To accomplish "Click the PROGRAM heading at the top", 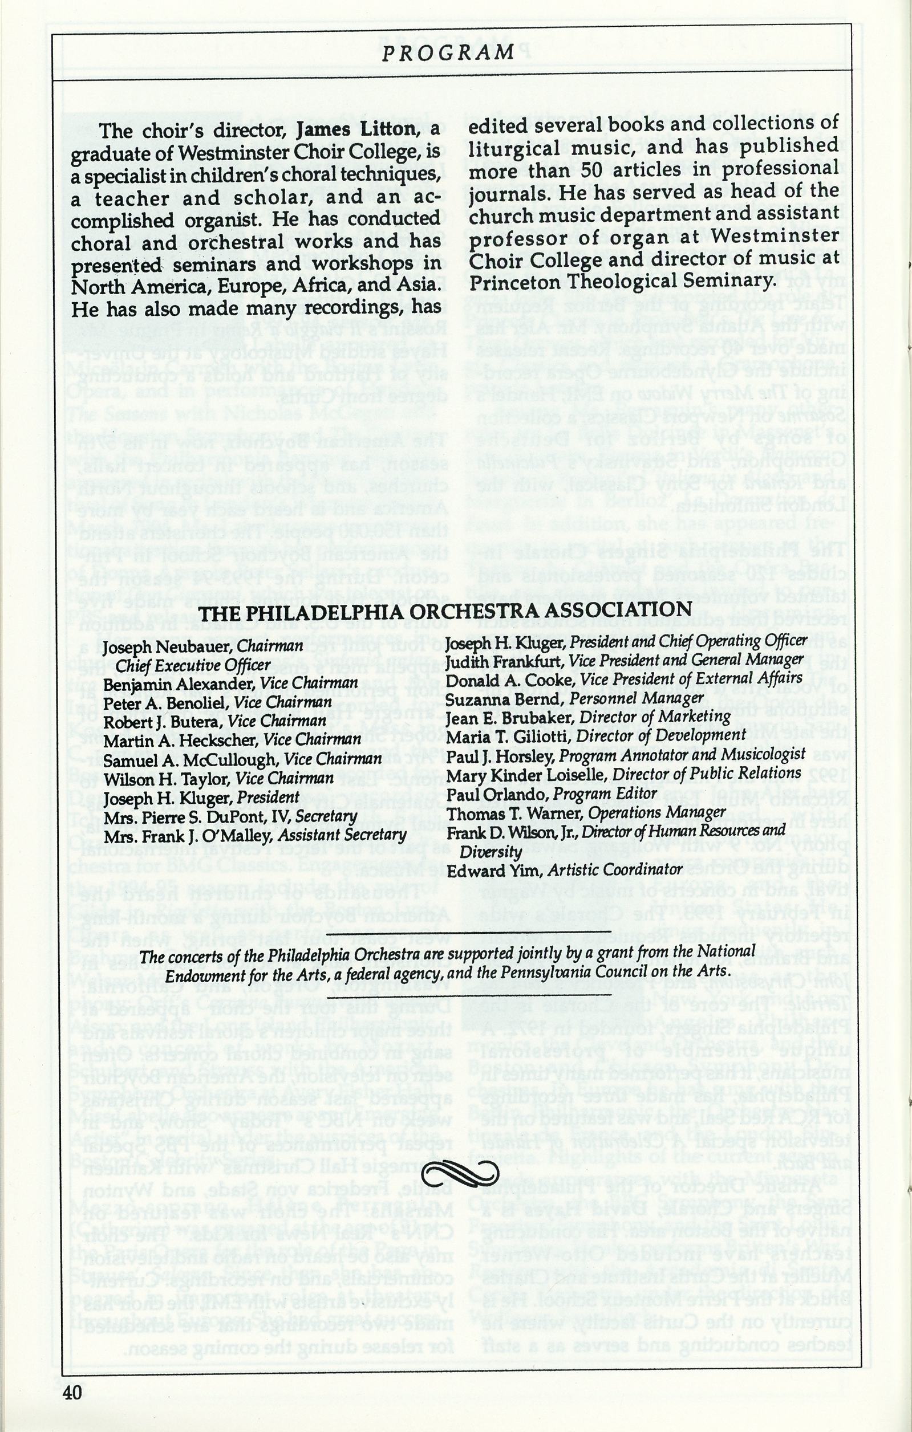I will tap(447, 54).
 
